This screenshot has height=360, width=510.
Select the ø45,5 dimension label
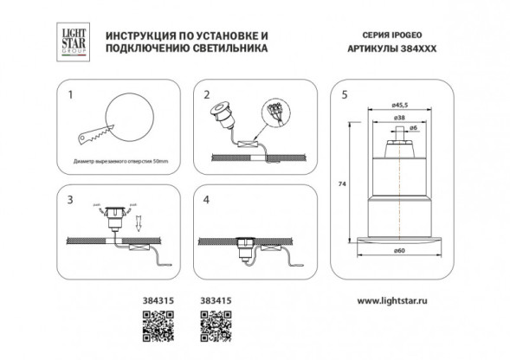tap(400, 107)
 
